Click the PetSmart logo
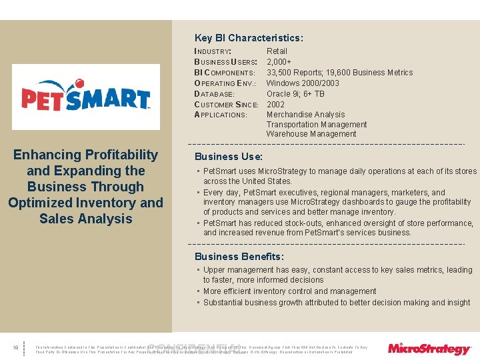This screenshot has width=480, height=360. tap(86, 98)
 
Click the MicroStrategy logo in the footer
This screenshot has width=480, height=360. tap(429, 348)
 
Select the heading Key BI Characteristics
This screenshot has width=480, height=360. tap(248, 38)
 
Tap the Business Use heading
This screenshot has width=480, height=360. tap(228, 157)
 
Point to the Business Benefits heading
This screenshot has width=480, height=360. tap(239, 257)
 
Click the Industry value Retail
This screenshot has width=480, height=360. tap(277, 51)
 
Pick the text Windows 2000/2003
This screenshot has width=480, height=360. tap(303, 83)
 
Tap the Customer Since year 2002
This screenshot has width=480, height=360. tap(276, 105)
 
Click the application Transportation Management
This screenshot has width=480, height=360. tap(316, 125)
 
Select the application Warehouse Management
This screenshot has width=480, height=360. tap(311, 134)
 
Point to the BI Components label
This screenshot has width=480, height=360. tap(224, 73)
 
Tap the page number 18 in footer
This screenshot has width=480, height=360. tap(15, 347)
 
